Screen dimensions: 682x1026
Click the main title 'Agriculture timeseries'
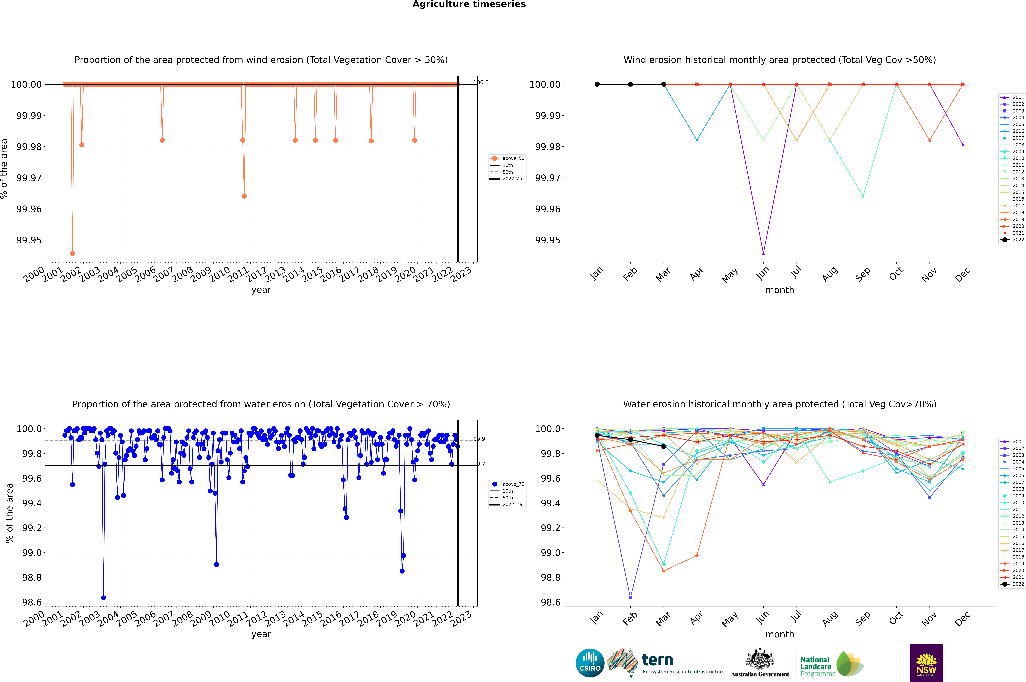(469, 4)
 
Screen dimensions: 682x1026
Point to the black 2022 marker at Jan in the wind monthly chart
(597, 84)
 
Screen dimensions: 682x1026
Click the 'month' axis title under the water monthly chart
(779, 634)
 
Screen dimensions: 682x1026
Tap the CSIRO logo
(590, 663)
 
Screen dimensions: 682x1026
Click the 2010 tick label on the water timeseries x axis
(220, 619)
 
